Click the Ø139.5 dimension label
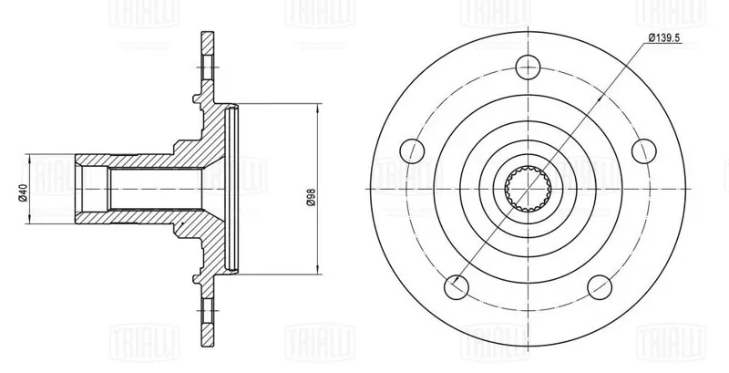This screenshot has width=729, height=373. (664, 38)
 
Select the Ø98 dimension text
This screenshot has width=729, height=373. (312, 197)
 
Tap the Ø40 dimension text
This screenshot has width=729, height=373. (24, 192)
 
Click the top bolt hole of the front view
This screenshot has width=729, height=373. (529, 67)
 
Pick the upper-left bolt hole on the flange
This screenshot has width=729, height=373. (413, 150)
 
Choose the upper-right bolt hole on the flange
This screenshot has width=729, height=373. (644, 150)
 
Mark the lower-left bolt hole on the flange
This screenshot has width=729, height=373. (457, 287)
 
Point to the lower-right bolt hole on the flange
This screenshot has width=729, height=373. (600, 287)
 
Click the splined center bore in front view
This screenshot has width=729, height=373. (529, 189)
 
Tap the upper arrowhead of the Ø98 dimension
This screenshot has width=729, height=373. (318, 109)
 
